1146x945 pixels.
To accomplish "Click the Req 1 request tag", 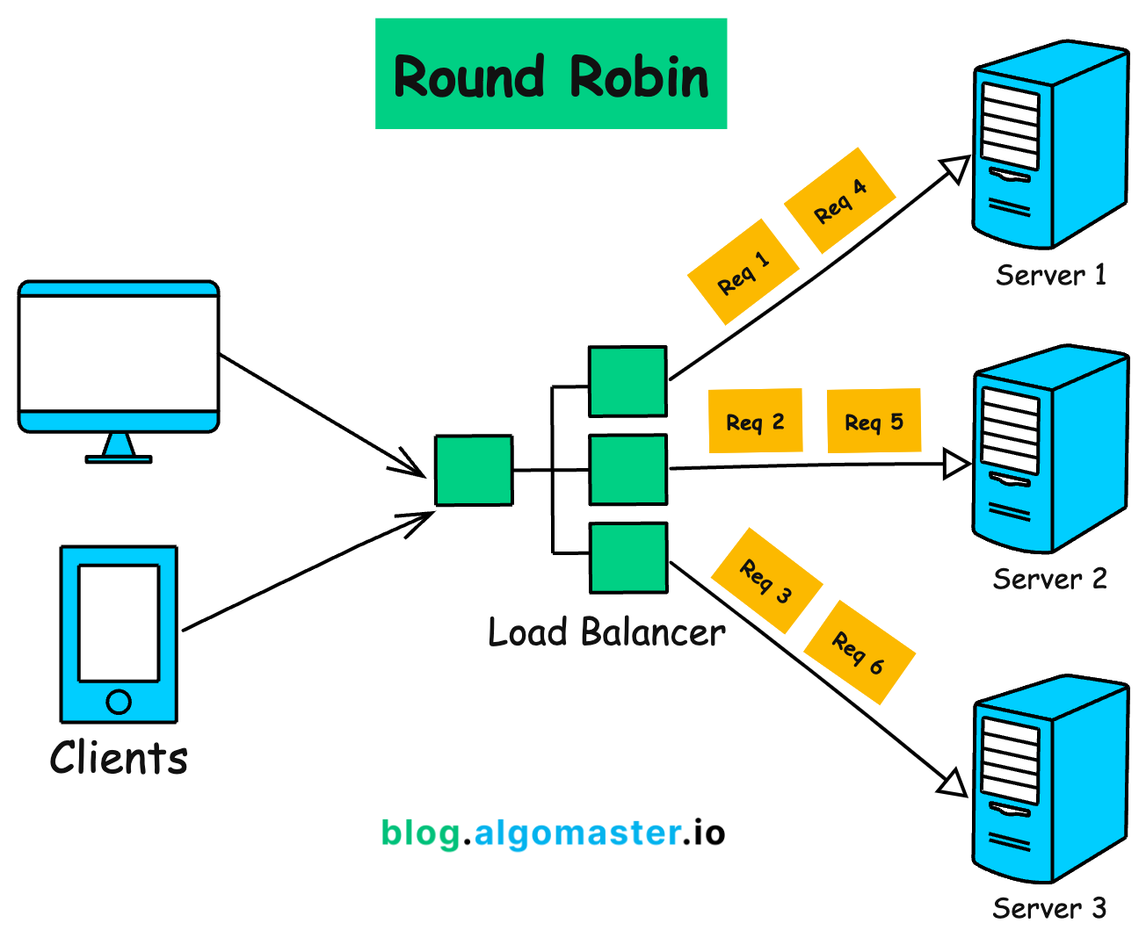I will (743, 271).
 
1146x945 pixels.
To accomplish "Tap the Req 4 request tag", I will (839, 200).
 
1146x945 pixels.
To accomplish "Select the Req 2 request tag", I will (755, 422).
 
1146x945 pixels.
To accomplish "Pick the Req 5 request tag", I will (874, 422).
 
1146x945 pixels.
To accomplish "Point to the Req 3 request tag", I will (766, 581).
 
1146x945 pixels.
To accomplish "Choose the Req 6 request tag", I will (859, 653).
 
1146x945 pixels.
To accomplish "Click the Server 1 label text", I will (1050, 276).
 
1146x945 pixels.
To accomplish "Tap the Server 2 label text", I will (1049, 580).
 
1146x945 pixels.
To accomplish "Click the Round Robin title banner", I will (551, 75).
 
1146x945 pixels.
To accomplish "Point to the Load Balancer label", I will (606, 632).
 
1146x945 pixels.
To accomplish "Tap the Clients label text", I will (119, 758).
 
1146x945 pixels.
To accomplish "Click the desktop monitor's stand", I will (119, 448).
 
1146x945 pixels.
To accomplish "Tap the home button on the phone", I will (119, 702).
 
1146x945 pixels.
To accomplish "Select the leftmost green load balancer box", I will (474, 471).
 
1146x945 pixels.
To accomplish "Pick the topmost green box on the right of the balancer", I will (627, 381).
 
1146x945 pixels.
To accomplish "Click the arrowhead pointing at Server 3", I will (954, 783).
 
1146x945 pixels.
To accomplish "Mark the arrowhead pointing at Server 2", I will (956, 464).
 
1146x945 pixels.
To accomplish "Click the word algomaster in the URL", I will (577, 833).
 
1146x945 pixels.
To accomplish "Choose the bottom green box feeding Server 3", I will (628, 558).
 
